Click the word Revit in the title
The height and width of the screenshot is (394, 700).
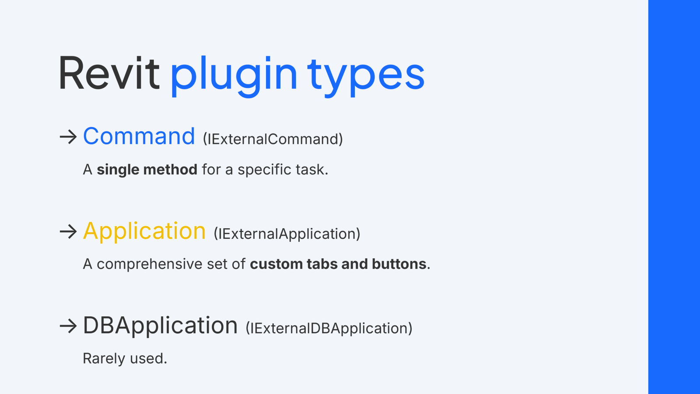pyautogui.click(x=108, y=73)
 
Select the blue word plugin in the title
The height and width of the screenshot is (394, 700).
pyautogui.click(x=234, y=74)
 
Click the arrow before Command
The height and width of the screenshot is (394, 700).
pyautogui.click(x=68, y=137)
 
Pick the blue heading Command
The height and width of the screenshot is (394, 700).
pyautogui.click(x=139, y=136)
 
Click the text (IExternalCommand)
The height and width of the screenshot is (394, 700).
pyautogui.click(x=273, y=139)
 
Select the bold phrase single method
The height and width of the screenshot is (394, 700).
pyautogui.click(x=147, y=170)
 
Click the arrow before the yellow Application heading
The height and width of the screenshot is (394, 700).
pyautogui.click(x=68, y=231)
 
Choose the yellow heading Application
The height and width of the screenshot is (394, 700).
pyautogui.click(x=144, y=231)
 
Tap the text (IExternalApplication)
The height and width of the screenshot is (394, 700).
pyautogui.click(x=287, y=234)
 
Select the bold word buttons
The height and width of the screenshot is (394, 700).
pyautogui.click(x=399, y=264)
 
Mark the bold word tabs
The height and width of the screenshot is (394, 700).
pyautogui.click(x=322, y=264)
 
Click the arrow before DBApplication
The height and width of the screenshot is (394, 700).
pyautogui.click(x=68, y=326)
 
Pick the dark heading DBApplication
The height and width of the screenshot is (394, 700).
pyautogui.click(x=160, y=325)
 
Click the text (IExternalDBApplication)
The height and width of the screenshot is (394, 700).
pyautogui.click(x=329, y=328)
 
